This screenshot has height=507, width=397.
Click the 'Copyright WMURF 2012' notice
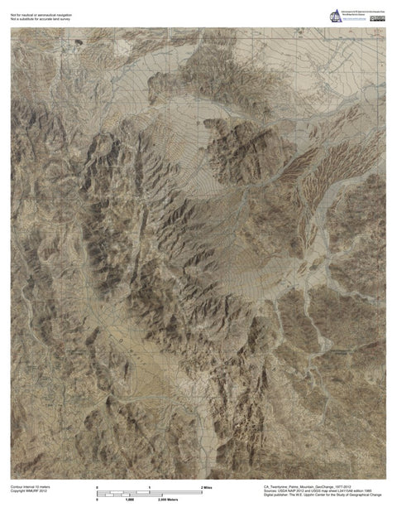[x=28, y=491]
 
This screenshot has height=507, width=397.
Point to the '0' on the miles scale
[x=98, y=487]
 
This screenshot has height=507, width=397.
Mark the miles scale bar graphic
[x=149, y=491]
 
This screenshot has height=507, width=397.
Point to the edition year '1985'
[x=373, y=491]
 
